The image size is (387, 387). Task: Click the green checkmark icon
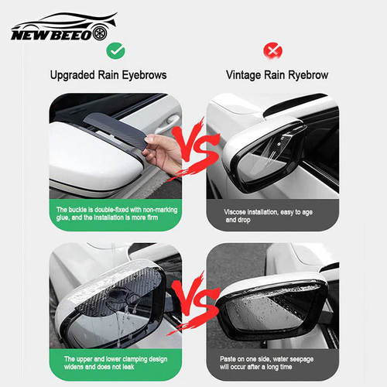point(115,51)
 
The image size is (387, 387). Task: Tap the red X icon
point(272,51)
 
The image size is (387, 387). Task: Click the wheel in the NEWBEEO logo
point(100,33)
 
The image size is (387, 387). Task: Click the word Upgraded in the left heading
point(73,75)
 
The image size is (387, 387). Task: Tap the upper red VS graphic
point(195,149)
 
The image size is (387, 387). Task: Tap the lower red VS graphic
point(195,303)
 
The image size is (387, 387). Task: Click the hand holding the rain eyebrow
point(163,152)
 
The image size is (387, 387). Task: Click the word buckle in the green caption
point(77,210)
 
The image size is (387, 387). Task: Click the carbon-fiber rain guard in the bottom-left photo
point(122,289)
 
